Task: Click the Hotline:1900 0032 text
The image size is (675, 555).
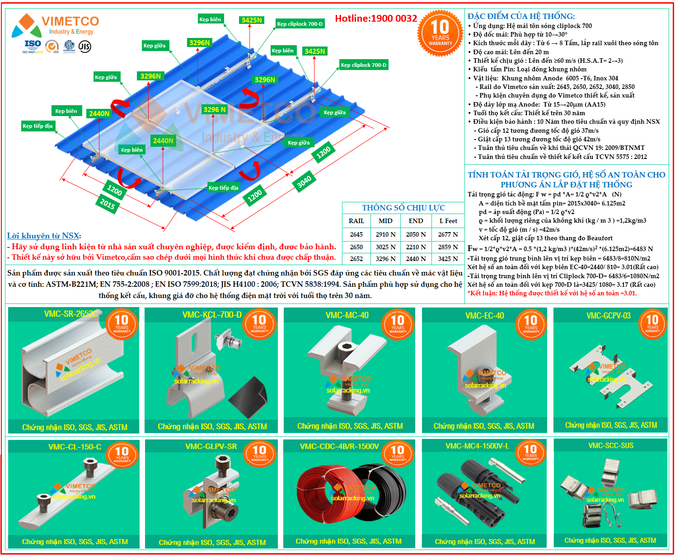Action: [376, 19]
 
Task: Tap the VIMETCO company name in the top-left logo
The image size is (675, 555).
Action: [70, 21]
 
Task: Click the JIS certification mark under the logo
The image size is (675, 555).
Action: [84, 46]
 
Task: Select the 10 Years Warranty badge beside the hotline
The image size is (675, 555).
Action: [440, 33]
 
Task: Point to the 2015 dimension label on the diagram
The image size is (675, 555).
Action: [108, 204]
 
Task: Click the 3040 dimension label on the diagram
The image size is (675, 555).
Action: [304, 181]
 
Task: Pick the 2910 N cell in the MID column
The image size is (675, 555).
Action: [385, 234]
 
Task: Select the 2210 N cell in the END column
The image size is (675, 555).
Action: [416, 247]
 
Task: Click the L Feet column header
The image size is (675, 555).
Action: [448, 221]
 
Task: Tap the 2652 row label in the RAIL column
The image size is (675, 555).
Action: [356, 259]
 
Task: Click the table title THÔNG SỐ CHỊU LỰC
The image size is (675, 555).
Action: [403, 208]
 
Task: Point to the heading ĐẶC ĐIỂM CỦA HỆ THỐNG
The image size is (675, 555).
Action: [521, 16]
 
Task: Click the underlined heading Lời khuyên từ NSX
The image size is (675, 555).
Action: [44, 236]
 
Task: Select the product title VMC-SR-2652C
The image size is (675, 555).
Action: [70, 314]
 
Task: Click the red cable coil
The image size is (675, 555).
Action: [323, 494]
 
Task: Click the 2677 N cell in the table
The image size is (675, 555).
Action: [448, 234]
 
